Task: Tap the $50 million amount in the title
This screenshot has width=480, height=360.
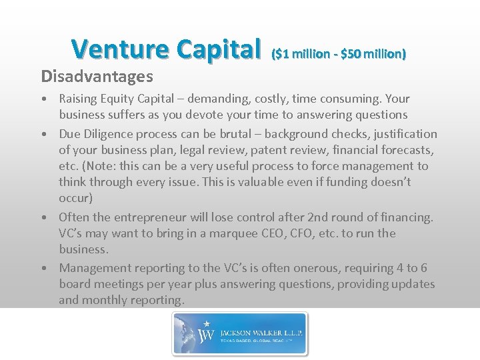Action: coord(373,53)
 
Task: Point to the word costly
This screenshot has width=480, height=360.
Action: coord(279,98)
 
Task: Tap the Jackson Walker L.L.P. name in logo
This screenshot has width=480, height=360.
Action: coord(258,330)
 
